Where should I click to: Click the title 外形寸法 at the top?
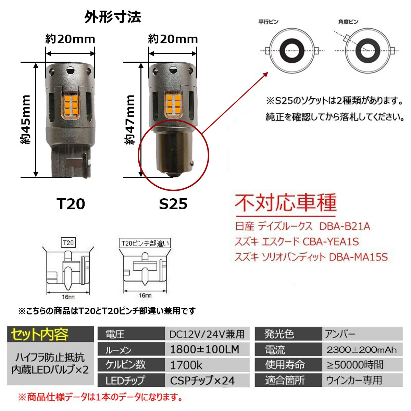coord(113,17)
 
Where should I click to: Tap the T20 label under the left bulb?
coord(71,204)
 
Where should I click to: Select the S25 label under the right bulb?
coord(173,204)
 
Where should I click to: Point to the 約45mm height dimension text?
coord(26,120)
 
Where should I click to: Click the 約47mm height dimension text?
coord(130,120)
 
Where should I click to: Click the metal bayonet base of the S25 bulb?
coord(173,151)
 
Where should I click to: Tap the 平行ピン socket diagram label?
coord(269,22)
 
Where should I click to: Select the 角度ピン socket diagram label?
coord(348,22)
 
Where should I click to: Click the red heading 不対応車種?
coord(286,203)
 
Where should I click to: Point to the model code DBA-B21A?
coord(345,226)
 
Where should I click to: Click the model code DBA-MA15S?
coord(358,257)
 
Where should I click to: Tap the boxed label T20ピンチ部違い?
coord(145,243)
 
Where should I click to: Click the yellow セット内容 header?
coord(40,335)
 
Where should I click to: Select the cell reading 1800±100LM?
coord(204,349)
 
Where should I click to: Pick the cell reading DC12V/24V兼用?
coord(207,334)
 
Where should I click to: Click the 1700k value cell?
coord(186,365)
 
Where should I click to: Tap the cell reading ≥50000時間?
coord(355,365)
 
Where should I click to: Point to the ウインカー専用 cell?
coord(354,380)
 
